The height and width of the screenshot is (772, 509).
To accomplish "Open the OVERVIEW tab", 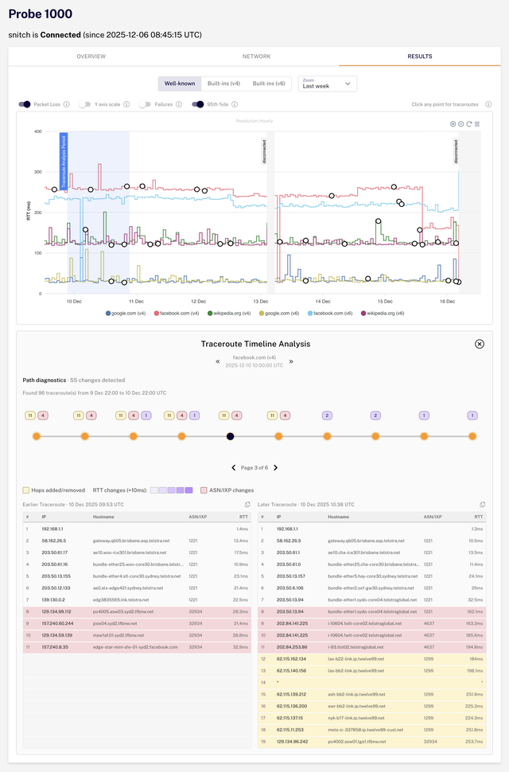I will [91, 57].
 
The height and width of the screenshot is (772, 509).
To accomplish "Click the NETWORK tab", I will [256, 57].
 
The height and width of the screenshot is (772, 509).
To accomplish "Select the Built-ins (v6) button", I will [269, 84].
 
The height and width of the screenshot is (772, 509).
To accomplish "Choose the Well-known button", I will [179, 84].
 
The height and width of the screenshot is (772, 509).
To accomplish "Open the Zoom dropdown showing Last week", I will [327, 84].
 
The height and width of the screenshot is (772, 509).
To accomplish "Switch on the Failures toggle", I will [145, 103].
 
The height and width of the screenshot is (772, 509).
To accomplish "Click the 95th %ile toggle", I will [198, 103].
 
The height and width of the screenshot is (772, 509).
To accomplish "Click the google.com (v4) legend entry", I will [128, 314].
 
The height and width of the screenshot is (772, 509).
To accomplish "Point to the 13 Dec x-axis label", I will [260, 302].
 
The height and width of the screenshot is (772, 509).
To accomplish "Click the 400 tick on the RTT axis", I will [37, 131].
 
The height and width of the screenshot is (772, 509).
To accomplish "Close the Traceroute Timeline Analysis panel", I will [479, 344].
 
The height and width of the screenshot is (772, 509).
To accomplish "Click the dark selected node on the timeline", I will [230, 436].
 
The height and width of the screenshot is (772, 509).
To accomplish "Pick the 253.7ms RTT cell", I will [472, 741].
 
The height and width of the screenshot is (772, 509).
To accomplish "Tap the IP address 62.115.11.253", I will [291, 729].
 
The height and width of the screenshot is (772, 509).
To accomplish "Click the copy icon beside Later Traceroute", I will [482, 505].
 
